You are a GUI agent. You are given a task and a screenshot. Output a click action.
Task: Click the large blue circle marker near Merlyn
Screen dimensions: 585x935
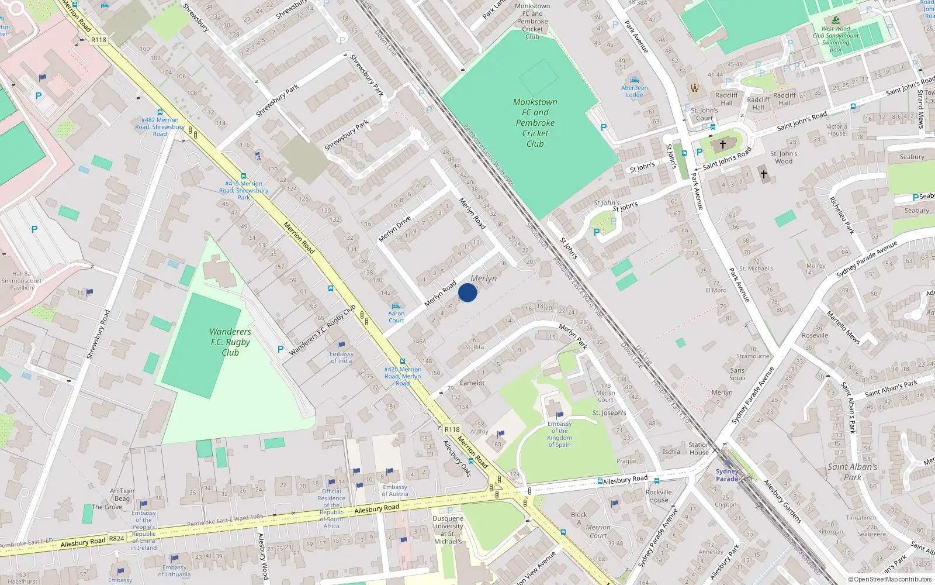467,292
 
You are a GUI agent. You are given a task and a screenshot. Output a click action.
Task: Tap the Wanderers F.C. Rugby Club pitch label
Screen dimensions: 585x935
230,342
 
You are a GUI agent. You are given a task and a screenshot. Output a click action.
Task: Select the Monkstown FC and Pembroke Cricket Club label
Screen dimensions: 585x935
535,123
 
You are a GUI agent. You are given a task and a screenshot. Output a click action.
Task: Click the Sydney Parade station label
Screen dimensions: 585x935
727,475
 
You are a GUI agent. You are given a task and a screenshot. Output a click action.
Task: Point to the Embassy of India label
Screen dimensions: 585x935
341,357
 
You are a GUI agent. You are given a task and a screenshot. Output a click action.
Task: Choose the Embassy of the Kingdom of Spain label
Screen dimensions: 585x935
559,434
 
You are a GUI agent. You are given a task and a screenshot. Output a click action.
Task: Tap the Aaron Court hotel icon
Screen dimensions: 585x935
396,306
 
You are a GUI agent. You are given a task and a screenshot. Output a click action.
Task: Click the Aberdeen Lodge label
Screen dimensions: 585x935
635,92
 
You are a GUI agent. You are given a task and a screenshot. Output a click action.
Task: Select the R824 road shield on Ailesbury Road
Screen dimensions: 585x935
116,538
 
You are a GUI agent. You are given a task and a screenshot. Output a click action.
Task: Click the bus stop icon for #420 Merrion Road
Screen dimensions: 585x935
402,362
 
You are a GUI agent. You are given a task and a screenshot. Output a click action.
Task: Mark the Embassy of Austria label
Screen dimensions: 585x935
395,490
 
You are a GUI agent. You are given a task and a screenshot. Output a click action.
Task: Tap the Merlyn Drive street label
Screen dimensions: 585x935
395,229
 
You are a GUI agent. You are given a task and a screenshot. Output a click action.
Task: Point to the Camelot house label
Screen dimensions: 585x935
472,383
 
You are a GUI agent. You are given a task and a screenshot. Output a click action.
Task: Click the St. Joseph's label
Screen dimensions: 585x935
609,413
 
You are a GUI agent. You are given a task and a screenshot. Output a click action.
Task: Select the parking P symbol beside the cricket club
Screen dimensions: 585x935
604,127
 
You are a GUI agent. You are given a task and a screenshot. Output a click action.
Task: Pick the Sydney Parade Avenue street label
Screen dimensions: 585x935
753,396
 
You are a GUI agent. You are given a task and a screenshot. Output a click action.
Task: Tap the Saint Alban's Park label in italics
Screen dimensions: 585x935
852,472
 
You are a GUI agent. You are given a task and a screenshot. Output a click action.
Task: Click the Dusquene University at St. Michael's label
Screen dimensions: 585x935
448,530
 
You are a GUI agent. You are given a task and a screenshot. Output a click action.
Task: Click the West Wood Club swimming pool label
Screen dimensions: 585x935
836,39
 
